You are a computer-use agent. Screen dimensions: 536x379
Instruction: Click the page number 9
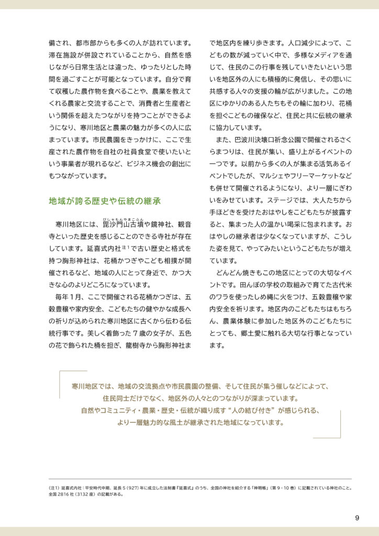click(x=356, y=518)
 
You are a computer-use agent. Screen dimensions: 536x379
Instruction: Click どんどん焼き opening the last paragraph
click(x=235, y=273)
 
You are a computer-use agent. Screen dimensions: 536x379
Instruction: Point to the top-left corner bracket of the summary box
click(x=62, y=373)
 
